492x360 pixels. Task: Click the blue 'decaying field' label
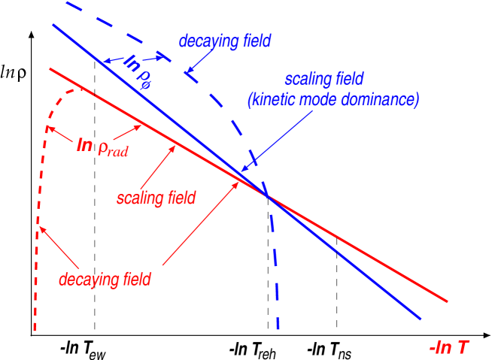(x=224, y=41)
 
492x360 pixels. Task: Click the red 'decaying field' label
(x=105, y=280)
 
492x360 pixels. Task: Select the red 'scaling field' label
(x=156, y=198)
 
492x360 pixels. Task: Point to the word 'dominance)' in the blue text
(x=381, y=99)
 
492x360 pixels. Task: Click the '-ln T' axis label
(x=449, y=346)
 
